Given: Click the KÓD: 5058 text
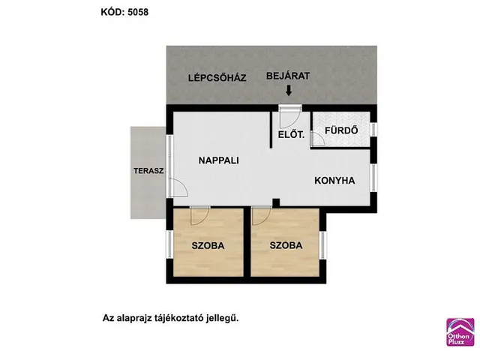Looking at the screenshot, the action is (124, 12).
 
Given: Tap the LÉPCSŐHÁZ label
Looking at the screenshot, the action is (217, 77).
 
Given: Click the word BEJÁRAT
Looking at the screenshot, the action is (288, 76).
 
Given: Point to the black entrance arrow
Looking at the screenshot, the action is (288, 91).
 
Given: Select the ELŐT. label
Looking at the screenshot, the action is (291, 135).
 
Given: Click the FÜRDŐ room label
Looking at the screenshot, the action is (341, 130).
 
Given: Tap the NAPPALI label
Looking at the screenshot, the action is (218, 160).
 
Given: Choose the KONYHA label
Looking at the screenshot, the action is (334, 181).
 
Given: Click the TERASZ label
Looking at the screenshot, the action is (148, 171).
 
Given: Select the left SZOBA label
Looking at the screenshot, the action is (208, 245).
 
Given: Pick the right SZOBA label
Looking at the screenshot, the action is (286, 245).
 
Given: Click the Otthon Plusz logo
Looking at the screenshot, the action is (460, 331).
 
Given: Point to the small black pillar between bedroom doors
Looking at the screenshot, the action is (276, 202).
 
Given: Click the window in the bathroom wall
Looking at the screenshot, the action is (373, 130).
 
